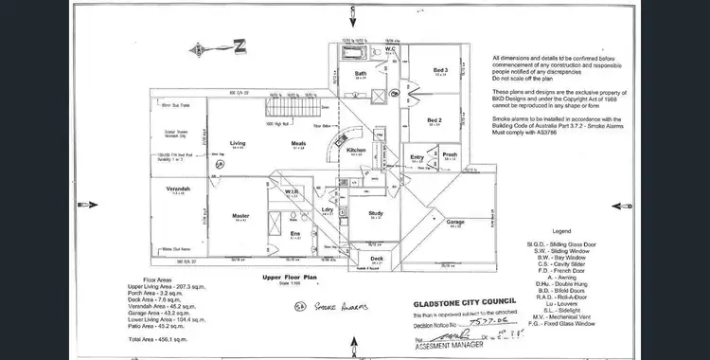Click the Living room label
click(238, 144)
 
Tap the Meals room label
click(297, 144)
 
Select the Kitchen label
click(356, 151)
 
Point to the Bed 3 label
click(440, 70)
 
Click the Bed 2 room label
click(434, 120)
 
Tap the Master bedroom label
click(240, 215)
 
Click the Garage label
click(454, 224)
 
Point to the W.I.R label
click(292, 191)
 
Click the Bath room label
click(361, 73)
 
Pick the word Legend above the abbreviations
click(564, 232)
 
